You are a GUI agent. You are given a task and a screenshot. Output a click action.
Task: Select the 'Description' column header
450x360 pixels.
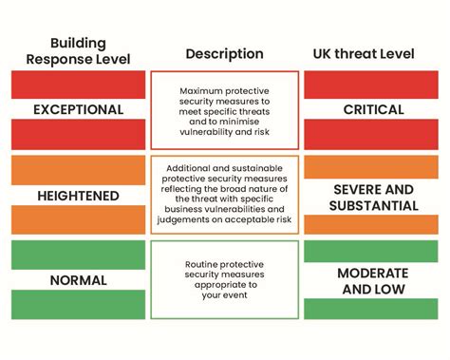tap(224, 53)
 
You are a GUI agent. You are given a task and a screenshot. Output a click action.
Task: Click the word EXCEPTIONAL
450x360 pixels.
tap(78, 109)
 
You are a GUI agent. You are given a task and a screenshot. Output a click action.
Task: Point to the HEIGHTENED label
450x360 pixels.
tap(78, 196)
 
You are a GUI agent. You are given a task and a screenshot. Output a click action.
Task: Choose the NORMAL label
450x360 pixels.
tap(78, 280)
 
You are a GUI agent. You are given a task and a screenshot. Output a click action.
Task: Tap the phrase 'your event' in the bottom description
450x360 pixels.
tap(225, 295)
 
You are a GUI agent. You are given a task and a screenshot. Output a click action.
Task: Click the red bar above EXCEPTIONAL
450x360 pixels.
tap(78, 84)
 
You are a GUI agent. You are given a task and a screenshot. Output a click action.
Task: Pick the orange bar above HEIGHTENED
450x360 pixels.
tap(78, 169)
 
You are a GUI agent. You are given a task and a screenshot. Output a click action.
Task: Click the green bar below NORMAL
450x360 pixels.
tap(78, 304)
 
